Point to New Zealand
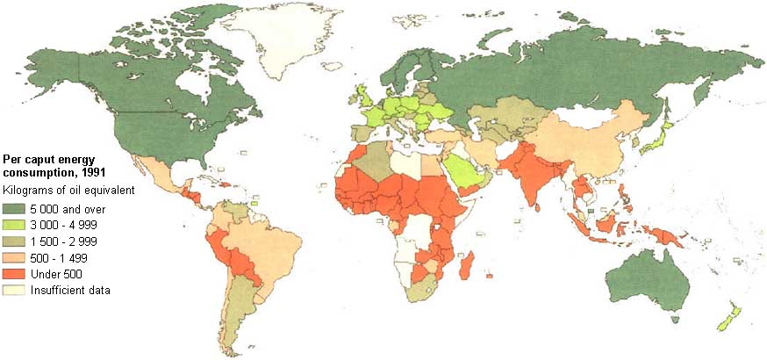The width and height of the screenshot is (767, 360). point(729,317)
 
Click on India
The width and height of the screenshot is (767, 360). point(532,176)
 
